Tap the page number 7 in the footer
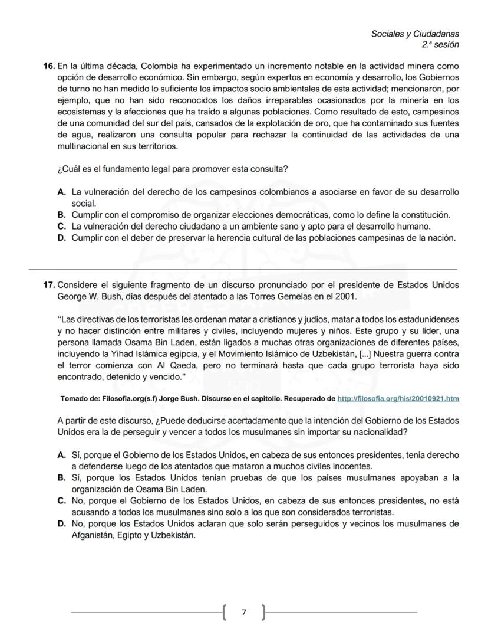[244, 613]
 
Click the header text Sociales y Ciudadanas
[414, 34]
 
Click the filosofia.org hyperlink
[398, 399]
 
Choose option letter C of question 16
[61, 226]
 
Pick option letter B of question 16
[61, 215]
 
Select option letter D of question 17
[61, 523]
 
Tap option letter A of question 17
[61, 456]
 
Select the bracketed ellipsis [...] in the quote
[365, 354]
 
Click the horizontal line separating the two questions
[244, 268]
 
